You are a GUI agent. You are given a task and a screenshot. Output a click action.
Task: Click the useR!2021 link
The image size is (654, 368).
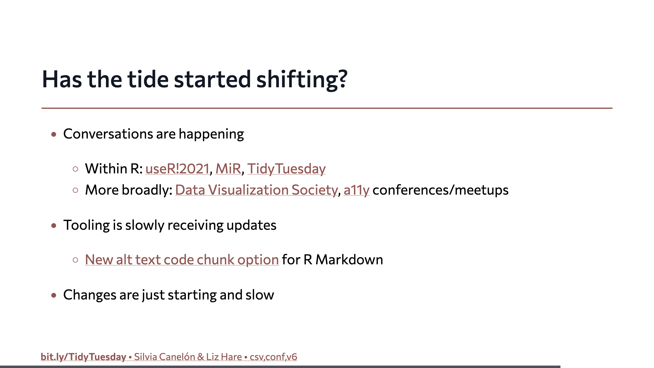(177, 169)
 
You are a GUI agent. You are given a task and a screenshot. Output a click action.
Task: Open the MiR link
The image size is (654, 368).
(228, 169)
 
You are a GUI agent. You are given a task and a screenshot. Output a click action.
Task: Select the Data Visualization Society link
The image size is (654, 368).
(256, 190)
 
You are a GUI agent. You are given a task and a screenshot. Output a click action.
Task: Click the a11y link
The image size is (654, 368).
(357, 190)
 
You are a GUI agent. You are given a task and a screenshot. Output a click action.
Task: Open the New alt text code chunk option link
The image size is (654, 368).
(182, 260)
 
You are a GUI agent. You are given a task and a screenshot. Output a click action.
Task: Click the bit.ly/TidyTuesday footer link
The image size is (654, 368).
(83, 357)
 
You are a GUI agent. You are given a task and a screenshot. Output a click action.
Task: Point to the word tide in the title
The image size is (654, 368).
(148, 79)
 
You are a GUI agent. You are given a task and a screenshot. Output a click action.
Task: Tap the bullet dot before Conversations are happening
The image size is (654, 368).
(54, 134)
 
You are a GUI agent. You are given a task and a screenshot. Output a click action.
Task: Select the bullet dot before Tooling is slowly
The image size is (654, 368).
(54, 226)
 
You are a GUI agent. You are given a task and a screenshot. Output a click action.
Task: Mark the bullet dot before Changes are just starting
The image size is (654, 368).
(54, 295)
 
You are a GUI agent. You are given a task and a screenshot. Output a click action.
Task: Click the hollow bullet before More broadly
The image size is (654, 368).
(75, 190)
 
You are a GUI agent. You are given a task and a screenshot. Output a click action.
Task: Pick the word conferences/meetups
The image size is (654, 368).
(441, 190)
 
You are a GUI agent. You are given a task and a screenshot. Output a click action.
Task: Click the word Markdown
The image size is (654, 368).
(349, 260)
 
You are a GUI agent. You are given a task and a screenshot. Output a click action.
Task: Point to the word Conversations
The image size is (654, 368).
(108, 134)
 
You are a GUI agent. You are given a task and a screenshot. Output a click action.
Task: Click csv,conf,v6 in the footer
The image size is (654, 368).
(273, 357)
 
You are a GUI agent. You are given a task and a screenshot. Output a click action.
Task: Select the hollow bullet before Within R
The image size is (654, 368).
(75, 169)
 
